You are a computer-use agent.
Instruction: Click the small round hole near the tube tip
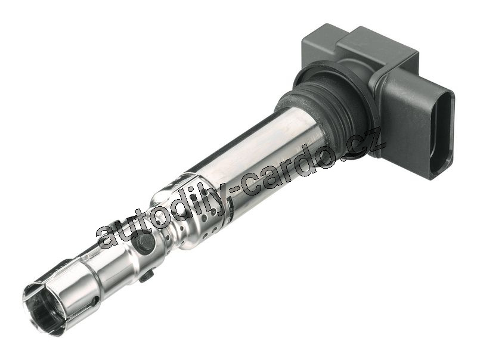(95, 302)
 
